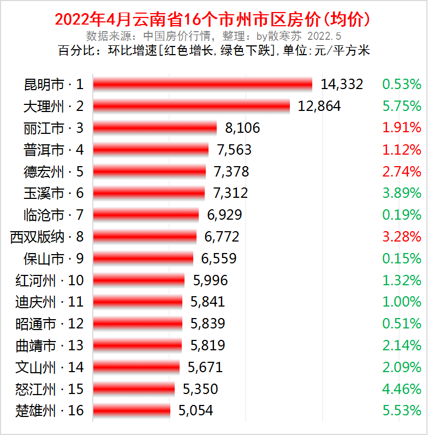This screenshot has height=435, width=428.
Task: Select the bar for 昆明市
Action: [x=203, y=84]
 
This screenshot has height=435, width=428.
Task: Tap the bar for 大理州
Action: [x=191, y=106]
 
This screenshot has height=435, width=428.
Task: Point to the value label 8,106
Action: [x=242, y=128]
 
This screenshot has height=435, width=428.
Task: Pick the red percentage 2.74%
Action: [x=402, y=172]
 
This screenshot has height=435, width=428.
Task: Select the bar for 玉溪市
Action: [x=148, y=193]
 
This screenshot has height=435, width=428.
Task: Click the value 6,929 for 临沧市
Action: [x=224, y=215]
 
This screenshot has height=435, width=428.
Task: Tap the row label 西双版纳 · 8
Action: [x=47, y=237]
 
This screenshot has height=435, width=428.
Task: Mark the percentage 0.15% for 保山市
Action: [x=402, y=258]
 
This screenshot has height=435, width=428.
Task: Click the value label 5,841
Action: [x=207, y=302]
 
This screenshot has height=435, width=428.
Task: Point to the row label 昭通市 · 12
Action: [x=50, y=324]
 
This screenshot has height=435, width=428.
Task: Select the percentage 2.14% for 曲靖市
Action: [x=402, y=345]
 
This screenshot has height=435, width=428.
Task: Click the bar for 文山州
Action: [x=136, y=367]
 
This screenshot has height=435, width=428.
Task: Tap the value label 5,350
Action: [x=200, y=389]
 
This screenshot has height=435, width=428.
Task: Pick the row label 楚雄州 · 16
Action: [x=50, y=410]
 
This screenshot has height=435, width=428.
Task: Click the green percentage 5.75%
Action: [x=402, y=106]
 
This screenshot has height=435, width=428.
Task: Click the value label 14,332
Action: [x=342, y=84]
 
